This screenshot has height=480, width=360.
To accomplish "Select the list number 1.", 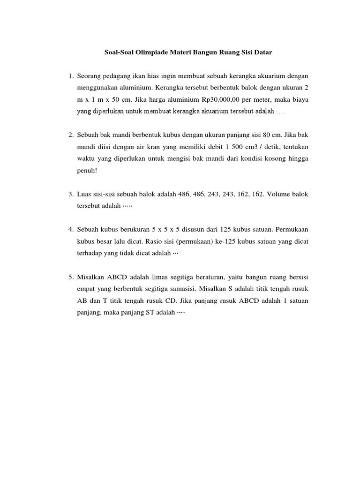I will pyautogui.click(x=70, y=76).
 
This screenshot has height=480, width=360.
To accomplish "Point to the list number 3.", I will pyautogui.click(x=70, y=194).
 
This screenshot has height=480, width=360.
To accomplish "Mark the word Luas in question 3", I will pyautogui.click(x=85, y=194).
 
